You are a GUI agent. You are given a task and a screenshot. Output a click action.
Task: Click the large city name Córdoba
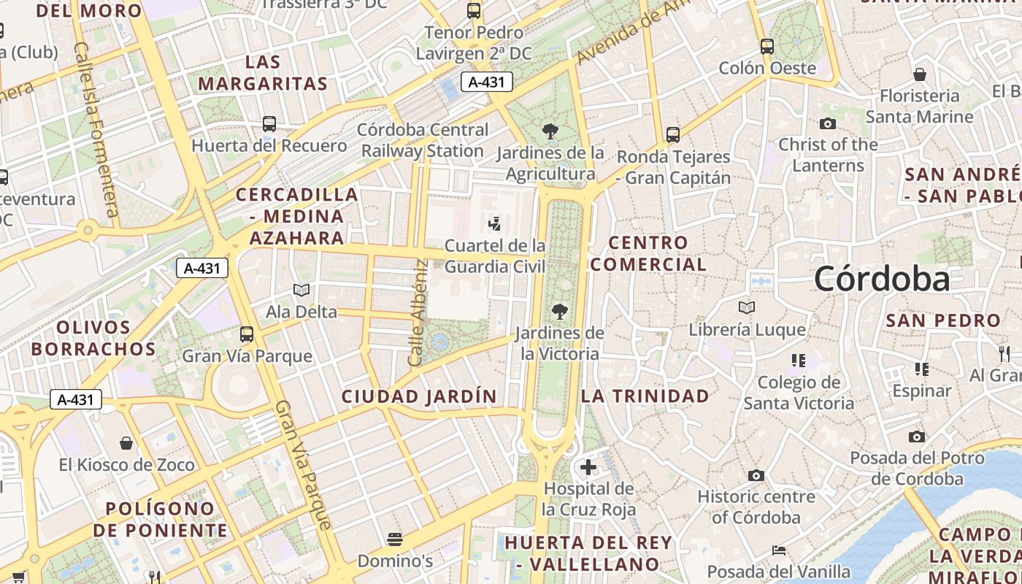(882, 279)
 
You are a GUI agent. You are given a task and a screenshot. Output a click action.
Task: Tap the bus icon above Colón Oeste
(767, 47)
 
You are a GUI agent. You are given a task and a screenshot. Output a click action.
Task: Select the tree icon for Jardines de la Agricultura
(550, 132)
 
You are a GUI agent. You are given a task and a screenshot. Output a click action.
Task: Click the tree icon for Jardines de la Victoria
(560, 312)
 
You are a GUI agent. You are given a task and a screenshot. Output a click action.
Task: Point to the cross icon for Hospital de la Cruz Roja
(588, 467)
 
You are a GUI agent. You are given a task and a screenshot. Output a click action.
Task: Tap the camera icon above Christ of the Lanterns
(828, 123)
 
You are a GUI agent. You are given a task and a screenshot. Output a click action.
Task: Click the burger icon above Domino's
(395, 539)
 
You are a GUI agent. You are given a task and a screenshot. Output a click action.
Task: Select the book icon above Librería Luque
(747, 308)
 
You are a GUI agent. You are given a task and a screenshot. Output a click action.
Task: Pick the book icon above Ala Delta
(301, 291)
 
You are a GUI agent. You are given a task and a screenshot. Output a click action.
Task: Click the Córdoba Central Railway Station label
(424, 140)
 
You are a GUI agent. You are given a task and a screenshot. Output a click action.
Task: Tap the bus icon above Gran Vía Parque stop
(247, 334)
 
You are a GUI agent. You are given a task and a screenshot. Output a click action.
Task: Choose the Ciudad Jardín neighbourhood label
(420, 396)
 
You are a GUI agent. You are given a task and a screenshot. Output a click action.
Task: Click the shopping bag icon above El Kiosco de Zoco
(126, 443)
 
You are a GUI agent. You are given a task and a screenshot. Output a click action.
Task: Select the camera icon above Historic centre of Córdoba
(756, 476)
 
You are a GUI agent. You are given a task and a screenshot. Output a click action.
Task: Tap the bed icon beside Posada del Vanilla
(779, 550)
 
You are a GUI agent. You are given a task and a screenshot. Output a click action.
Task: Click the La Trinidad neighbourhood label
(645, 396)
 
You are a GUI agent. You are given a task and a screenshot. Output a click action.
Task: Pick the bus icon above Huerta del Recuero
(269, 124)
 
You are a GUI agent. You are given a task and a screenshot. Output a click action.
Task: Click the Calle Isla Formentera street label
(96, 129)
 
